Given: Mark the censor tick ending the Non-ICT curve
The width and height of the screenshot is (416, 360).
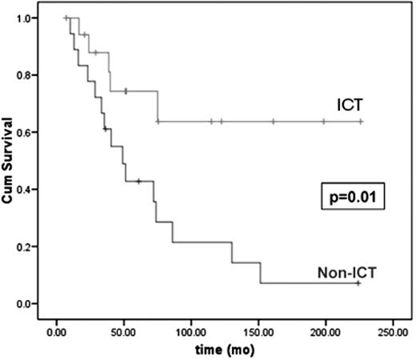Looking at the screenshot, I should tap(358, 283).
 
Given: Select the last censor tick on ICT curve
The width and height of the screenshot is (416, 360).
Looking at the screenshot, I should tap(360, 122).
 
